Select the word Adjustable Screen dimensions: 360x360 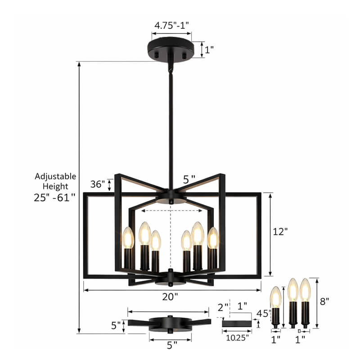(x=55, y=176)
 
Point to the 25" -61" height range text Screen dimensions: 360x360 (x=54, y=197)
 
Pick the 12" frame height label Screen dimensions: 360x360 (x=280, y=231)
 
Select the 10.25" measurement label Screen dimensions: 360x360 (x=236, y=337)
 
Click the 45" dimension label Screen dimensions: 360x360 (x=263, y=314)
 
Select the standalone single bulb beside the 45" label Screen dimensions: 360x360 (x=276, y=299)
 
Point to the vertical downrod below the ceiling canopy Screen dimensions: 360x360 (x=171, y=126)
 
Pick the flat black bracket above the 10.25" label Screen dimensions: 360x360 (x=237, y=323)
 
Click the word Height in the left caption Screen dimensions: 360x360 (x=55, y=186)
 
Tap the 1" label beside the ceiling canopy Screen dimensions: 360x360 (x=209, y=49)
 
